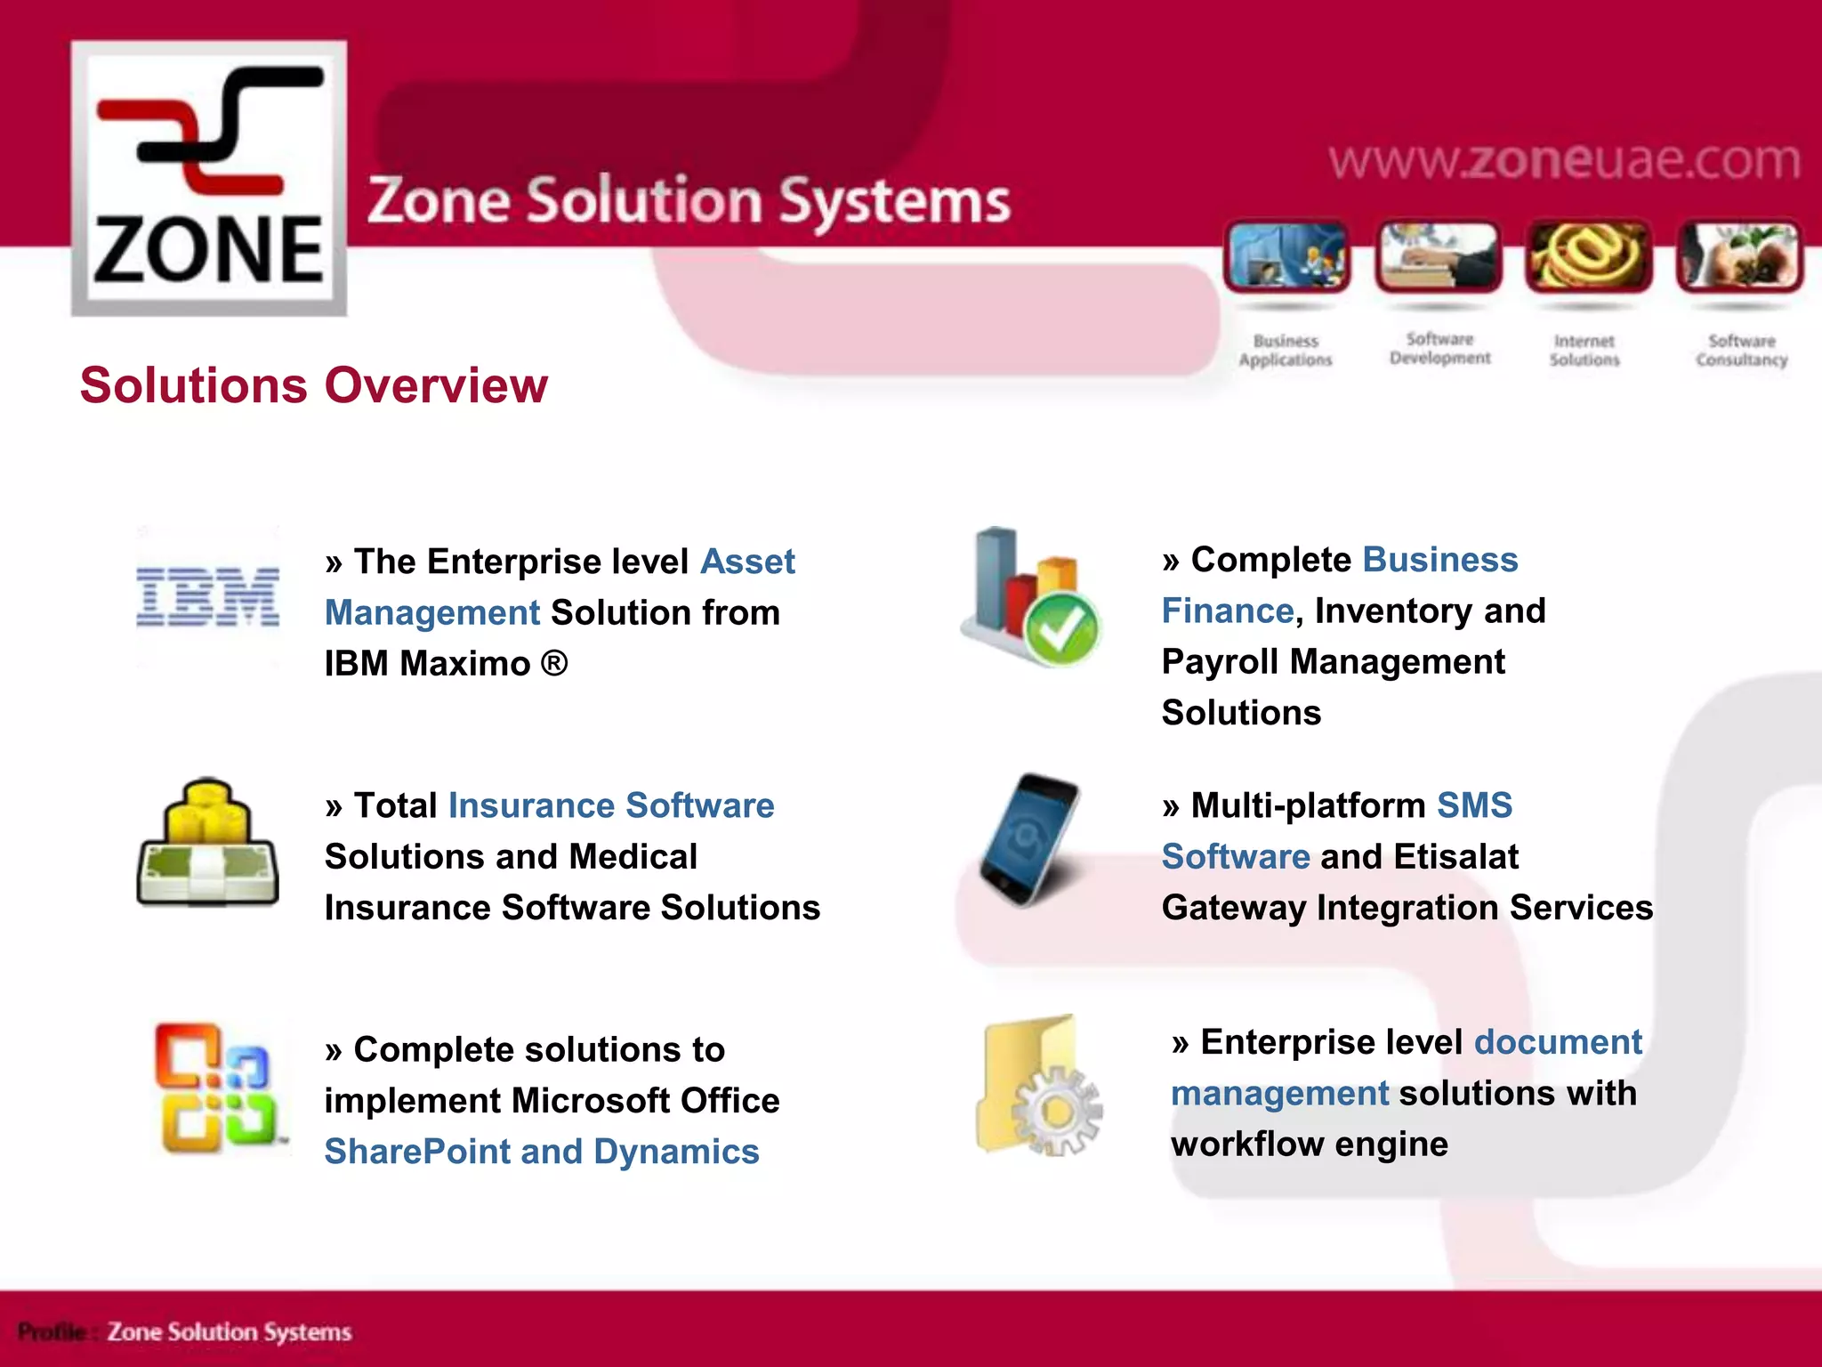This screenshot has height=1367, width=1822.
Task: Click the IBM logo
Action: tap(207, 596)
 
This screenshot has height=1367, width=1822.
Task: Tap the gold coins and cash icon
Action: tap(207, 843)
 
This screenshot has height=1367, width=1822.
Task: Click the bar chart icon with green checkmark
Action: tap(1032, 597)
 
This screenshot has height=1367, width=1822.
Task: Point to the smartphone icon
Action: tap(1029, 839)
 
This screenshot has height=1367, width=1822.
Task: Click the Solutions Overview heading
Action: tap(313, 385)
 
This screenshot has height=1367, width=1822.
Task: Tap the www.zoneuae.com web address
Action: tap(1564, 160)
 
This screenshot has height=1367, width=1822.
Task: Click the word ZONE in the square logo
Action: tap(208, 251)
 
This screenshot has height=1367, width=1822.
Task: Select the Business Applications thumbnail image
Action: tap(1286, 256)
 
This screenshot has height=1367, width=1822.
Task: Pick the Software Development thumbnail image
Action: tap(1438, 256)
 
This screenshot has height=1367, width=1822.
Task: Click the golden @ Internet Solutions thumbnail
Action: tap(1588, 256)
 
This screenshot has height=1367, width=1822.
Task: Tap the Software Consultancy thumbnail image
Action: tap(1739, 256)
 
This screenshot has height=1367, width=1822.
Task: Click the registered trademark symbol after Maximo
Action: tap(553, 663)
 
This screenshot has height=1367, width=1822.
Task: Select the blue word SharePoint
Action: tap(417, 1152)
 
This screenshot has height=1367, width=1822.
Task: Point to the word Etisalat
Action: tap(1456, 856)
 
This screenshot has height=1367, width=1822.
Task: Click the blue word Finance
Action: tap(1227, 611)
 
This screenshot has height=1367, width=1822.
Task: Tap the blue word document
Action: tap(1557, 1042)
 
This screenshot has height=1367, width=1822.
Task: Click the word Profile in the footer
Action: tap(52, 1332)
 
